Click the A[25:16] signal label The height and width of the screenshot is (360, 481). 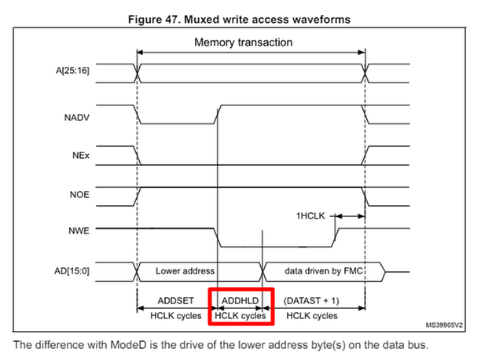click(72, 71)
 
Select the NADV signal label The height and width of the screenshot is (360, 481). click(77, 118)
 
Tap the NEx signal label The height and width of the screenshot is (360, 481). click(81, 156)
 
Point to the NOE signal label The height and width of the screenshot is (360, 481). click(79, 195)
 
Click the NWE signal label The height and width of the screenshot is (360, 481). click(79, 230)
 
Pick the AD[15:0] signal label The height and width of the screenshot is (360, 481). click(72, 271)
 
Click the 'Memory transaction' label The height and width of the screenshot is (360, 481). click(244, 42)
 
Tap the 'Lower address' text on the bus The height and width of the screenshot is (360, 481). click(185, 271)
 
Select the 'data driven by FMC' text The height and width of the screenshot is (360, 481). click(324, 271)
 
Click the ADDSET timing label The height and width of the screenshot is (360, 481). click(176, 300)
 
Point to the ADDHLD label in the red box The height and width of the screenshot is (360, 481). click(240, 300)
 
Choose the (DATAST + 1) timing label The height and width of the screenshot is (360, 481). click(311, 300)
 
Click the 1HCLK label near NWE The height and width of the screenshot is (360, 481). click(310, 216)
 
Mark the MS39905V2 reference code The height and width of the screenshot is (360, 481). click(444, 325)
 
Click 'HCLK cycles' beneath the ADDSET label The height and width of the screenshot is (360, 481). click(176, 316)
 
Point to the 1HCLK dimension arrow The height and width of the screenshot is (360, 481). click(350, 216)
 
